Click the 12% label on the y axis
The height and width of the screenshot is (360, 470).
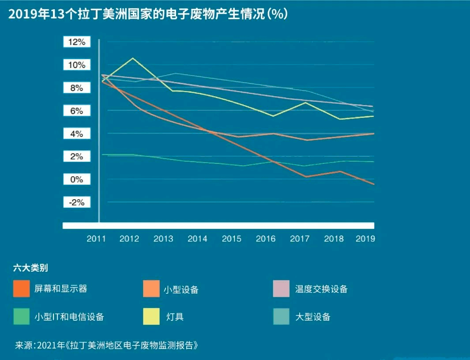(77, 42)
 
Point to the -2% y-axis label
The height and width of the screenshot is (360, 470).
(77, 202)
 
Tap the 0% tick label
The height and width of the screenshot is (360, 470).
(77, 180)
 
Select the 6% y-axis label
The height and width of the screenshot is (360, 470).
(77, 111)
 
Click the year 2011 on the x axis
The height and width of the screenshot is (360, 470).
(97, 239)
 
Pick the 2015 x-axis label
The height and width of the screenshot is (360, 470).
(232, 239)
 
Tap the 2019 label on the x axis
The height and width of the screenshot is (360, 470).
(365, 239)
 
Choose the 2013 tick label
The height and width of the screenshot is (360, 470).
(163, 239)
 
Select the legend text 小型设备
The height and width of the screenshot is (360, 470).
(181, 290)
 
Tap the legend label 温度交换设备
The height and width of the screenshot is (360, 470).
(321, 289)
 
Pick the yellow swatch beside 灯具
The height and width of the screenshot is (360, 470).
(151, 316)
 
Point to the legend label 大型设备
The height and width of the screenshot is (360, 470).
(312, 317)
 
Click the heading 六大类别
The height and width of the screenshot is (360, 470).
(30, 268)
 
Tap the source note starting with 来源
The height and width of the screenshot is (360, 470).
(106, 345)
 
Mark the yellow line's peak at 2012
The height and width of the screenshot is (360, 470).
(132, 58)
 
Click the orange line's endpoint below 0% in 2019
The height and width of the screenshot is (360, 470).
(374, 184)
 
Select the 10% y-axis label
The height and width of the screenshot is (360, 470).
(77, 65)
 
